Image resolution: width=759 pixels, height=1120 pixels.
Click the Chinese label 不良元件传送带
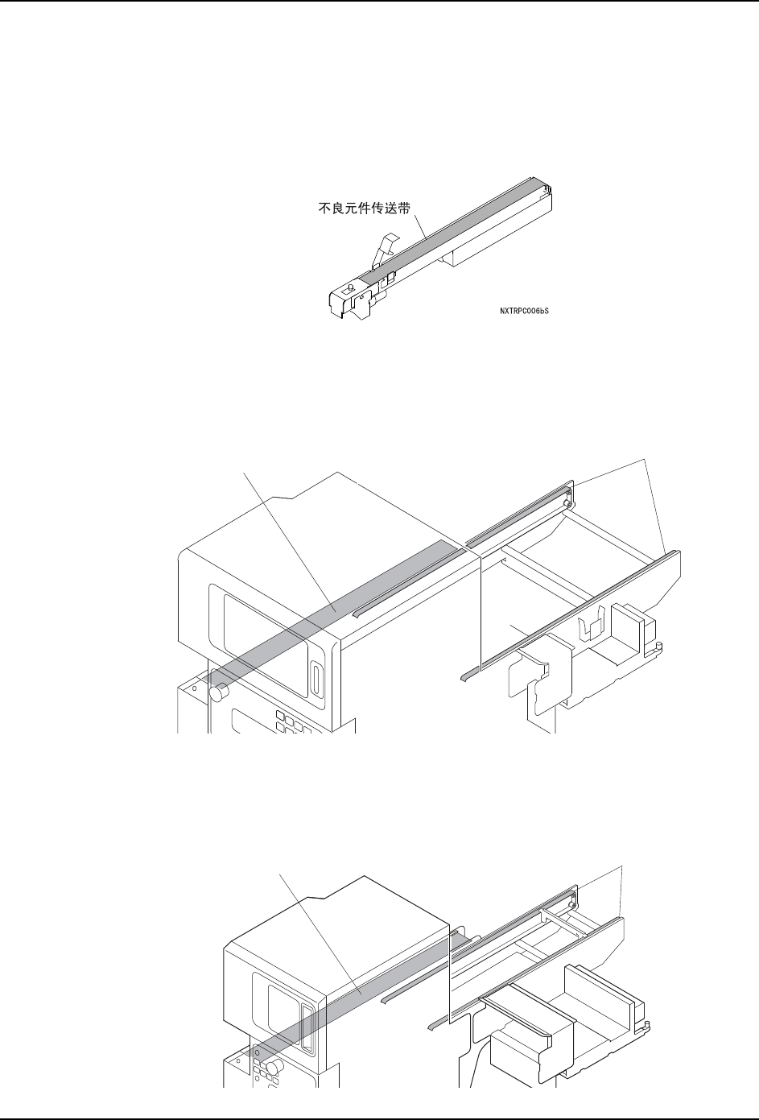tap(361, 206)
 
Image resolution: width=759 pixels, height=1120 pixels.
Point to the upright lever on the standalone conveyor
tap(386, 245)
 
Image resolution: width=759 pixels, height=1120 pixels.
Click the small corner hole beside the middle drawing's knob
tap(194, 688)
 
